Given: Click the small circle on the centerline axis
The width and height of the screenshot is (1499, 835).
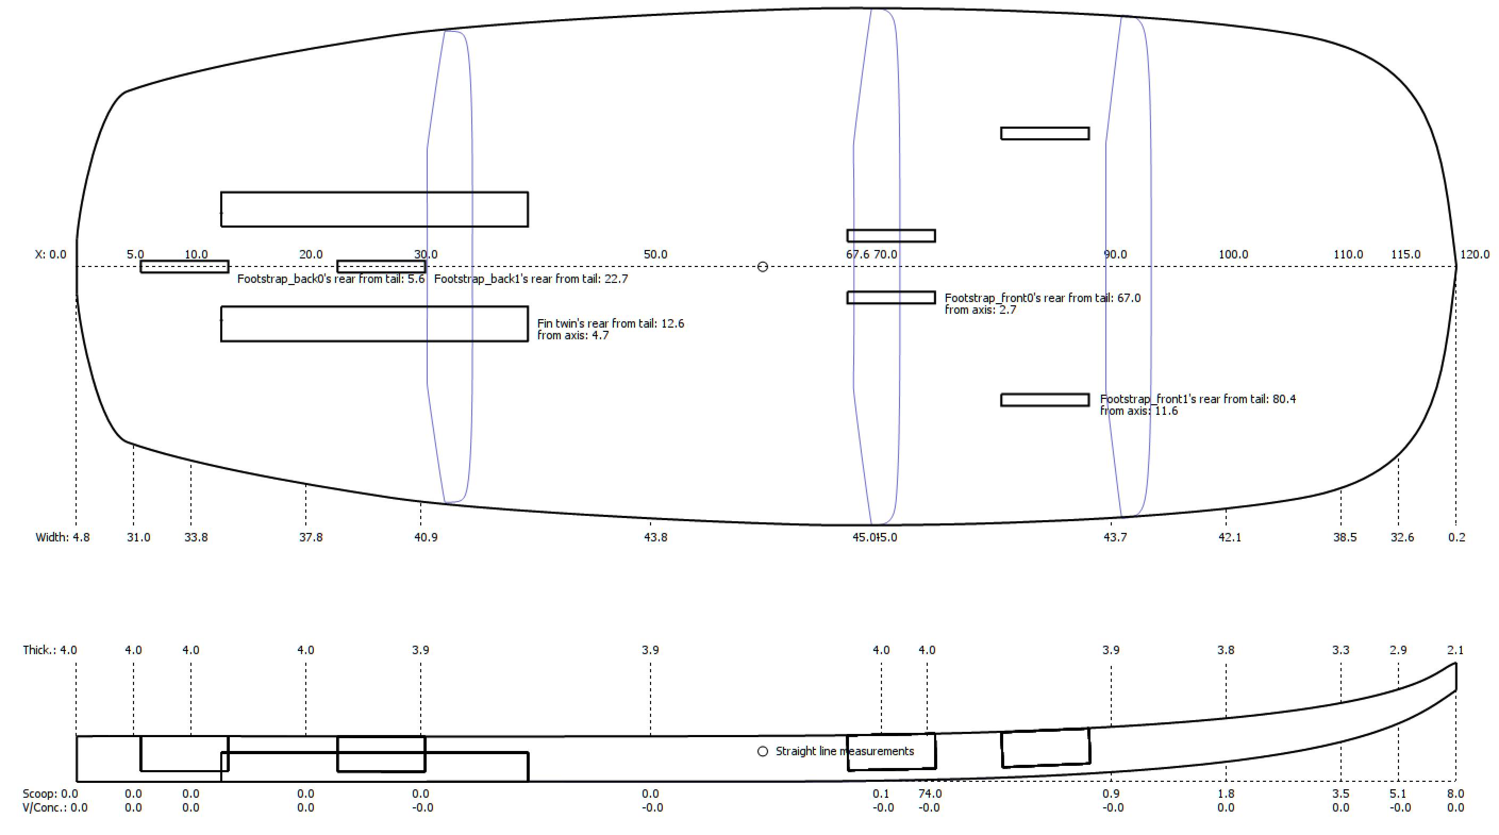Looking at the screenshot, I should click(762, 266).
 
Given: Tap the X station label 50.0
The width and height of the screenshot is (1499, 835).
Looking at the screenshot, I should click(655, 254).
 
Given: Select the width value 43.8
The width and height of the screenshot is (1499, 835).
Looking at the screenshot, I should click(655, 537).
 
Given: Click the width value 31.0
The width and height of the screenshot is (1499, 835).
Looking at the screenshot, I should click(138, 537).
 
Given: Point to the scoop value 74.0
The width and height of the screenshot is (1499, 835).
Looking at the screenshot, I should click(929, 794).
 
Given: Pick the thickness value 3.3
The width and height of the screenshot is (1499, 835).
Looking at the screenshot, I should click(1340, 650).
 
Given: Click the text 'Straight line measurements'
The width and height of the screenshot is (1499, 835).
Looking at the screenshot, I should click(844, 751).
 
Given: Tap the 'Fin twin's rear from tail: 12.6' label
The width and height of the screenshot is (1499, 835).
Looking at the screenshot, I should click(611, 323).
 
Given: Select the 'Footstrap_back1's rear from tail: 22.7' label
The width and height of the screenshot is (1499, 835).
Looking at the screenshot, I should click(531, 279).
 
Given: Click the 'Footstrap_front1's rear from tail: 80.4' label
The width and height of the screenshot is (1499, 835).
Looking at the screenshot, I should click(1197, 399).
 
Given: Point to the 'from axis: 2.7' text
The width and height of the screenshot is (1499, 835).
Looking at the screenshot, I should click(980, 310).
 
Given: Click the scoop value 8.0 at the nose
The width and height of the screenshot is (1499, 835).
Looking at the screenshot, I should click(1455, 794).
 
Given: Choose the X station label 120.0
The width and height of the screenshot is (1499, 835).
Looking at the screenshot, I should click(1475, 254).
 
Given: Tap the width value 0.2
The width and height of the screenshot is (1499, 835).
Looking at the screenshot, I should click(1456, 537).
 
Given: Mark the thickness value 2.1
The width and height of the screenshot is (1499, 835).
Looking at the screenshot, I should click(1455, 650).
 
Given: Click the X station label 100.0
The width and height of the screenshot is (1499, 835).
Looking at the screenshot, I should click(1233, 254).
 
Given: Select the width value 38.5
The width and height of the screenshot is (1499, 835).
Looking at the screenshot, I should click(1345, 537).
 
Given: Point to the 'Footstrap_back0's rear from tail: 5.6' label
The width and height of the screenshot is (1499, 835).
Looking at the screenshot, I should click(330, 279).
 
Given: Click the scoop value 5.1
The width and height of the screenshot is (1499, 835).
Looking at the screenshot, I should click(1398, 794).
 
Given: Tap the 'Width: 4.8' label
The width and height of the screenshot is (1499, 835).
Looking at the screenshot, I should click(63, 537).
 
